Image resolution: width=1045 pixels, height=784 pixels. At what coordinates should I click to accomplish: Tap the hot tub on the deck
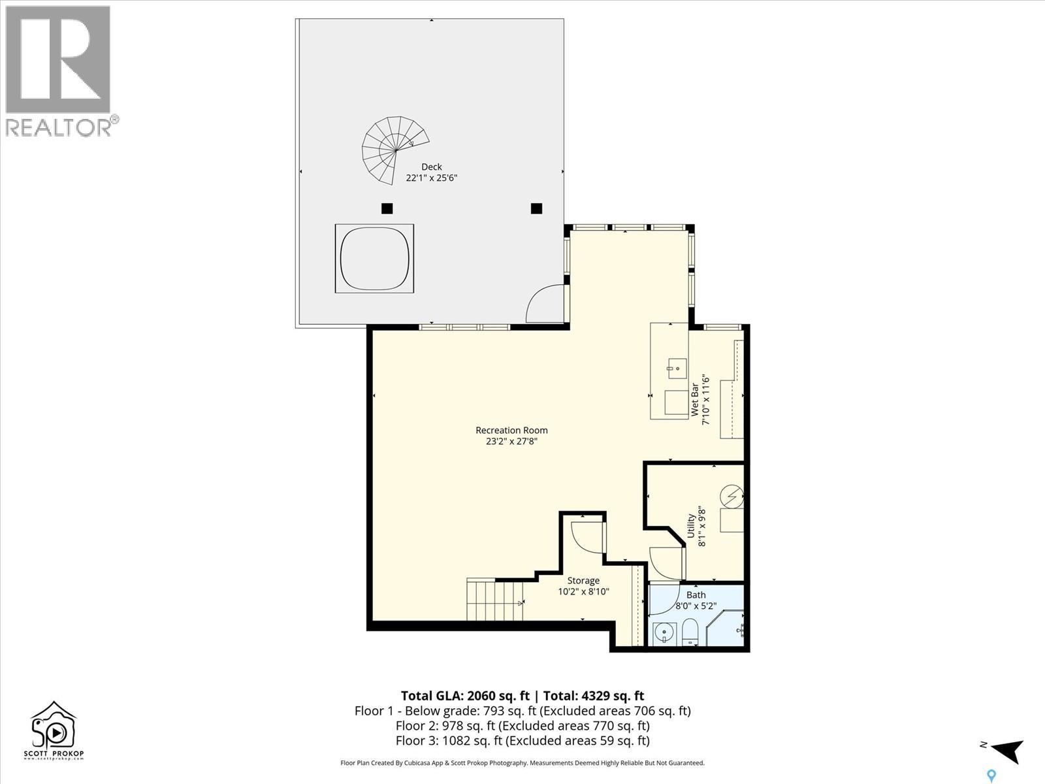(x=374, y=259)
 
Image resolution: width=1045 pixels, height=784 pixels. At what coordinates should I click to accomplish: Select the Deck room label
(x=431, y=167)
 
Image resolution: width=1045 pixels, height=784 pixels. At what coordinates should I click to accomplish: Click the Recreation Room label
(x=511, y=430)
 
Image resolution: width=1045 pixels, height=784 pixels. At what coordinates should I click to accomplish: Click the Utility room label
(x=691, y=525)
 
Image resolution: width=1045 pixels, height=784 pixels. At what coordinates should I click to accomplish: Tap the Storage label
(x=583, y=581)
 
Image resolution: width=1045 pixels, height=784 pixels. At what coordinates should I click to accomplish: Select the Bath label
(x=696, y=595)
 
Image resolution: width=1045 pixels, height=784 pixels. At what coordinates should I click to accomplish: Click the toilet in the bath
(x=689, y=632)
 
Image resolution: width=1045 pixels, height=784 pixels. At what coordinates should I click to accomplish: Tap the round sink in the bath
(x=665, y=634)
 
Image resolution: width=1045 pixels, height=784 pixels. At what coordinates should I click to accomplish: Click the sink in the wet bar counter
(x=677, y=368)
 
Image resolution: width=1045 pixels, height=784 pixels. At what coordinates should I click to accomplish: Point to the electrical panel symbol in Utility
(x=731, y=497)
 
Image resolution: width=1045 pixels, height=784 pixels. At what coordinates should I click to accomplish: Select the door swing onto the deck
(x=545, y=303)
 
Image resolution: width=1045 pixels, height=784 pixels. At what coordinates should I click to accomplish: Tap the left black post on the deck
(x=387, y=208)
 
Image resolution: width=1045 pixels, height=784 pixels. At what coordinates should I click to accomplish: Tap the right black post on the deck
(x=537, y=208)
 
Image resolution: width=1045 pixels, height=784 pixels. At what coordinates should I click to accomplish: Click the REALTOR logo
(x=61, y=71)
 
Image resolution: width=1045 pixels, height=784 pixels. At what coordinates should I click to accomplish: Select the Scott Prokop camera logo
(x=54, y=730)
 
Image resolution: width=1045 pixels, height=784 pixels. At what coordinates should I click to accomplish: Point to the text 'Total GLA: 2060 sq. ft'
(x=464, y=696)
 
